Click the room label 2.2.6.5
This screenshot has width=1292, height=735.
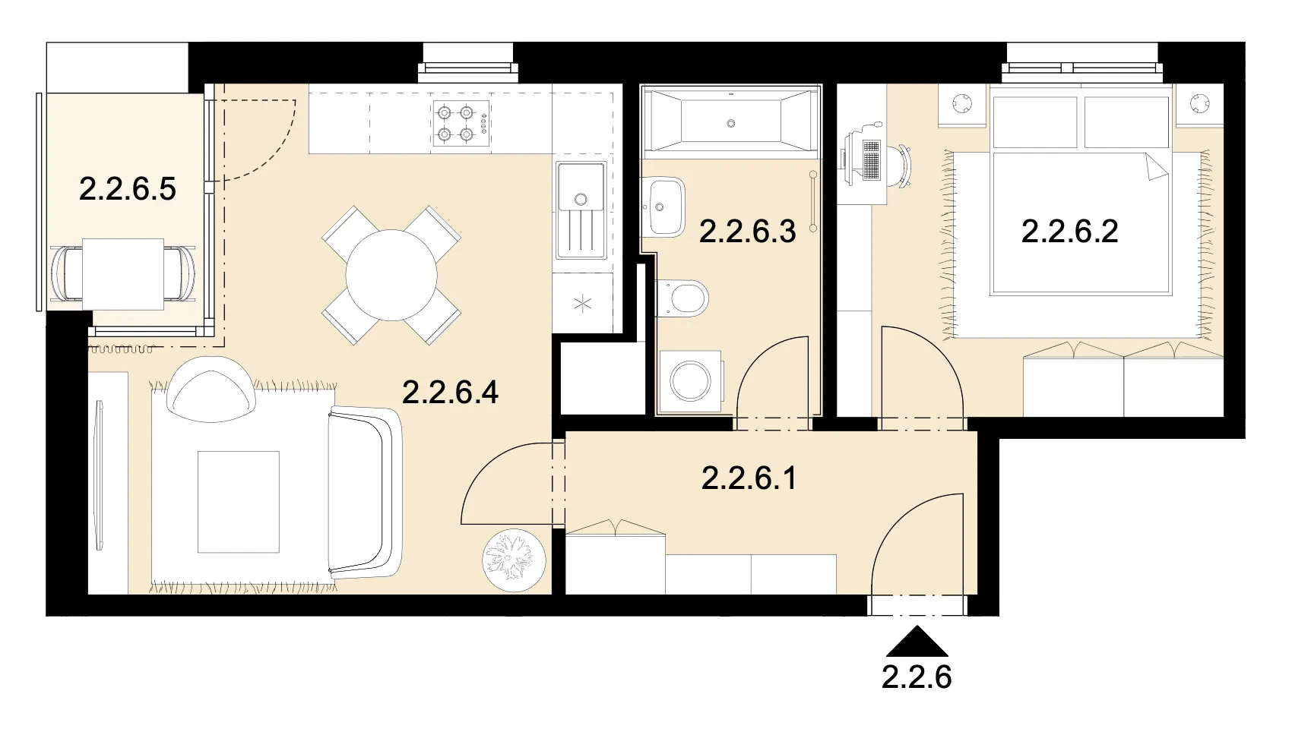(128, 189)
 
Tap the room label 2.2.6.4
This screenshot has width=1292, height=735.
(451, 393)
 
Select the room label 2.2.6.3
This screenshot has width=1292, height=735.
(748, 231)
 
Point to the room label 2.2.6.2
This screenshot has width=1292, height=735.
(1070, 231)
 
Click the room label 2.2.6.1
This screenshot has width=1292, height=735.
(749, 478)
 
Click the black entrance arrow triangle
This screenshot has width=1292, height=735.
(917, 642)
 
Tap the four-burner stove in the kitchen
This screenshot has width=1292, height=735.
(462, 123)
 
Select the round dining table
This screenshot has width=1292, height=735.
(391, 275)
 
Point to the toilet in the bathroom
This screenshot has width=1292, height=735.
(682, 298)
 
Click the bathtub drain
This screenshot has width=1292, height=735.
(731, 123)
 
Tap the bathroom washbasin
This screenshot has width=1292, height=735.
(664, 207)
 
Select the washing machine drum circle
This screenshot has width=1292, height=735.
(690, 380)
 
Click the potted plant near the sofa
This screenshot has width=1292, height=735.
(514, 560)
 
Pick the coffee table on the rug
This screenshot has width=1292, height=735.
(238, 502)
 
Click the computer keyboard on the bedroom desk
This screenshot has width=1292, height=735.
(872, 159)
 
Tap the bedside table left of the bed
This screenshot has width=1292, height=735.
(961, 105)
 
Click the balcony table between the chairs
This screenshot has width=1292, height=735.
(123, 274)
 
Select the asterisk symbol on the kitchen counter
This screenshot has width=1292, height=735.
(583, 303)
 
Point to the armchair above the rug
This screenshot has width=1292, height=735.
(211, 390)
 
